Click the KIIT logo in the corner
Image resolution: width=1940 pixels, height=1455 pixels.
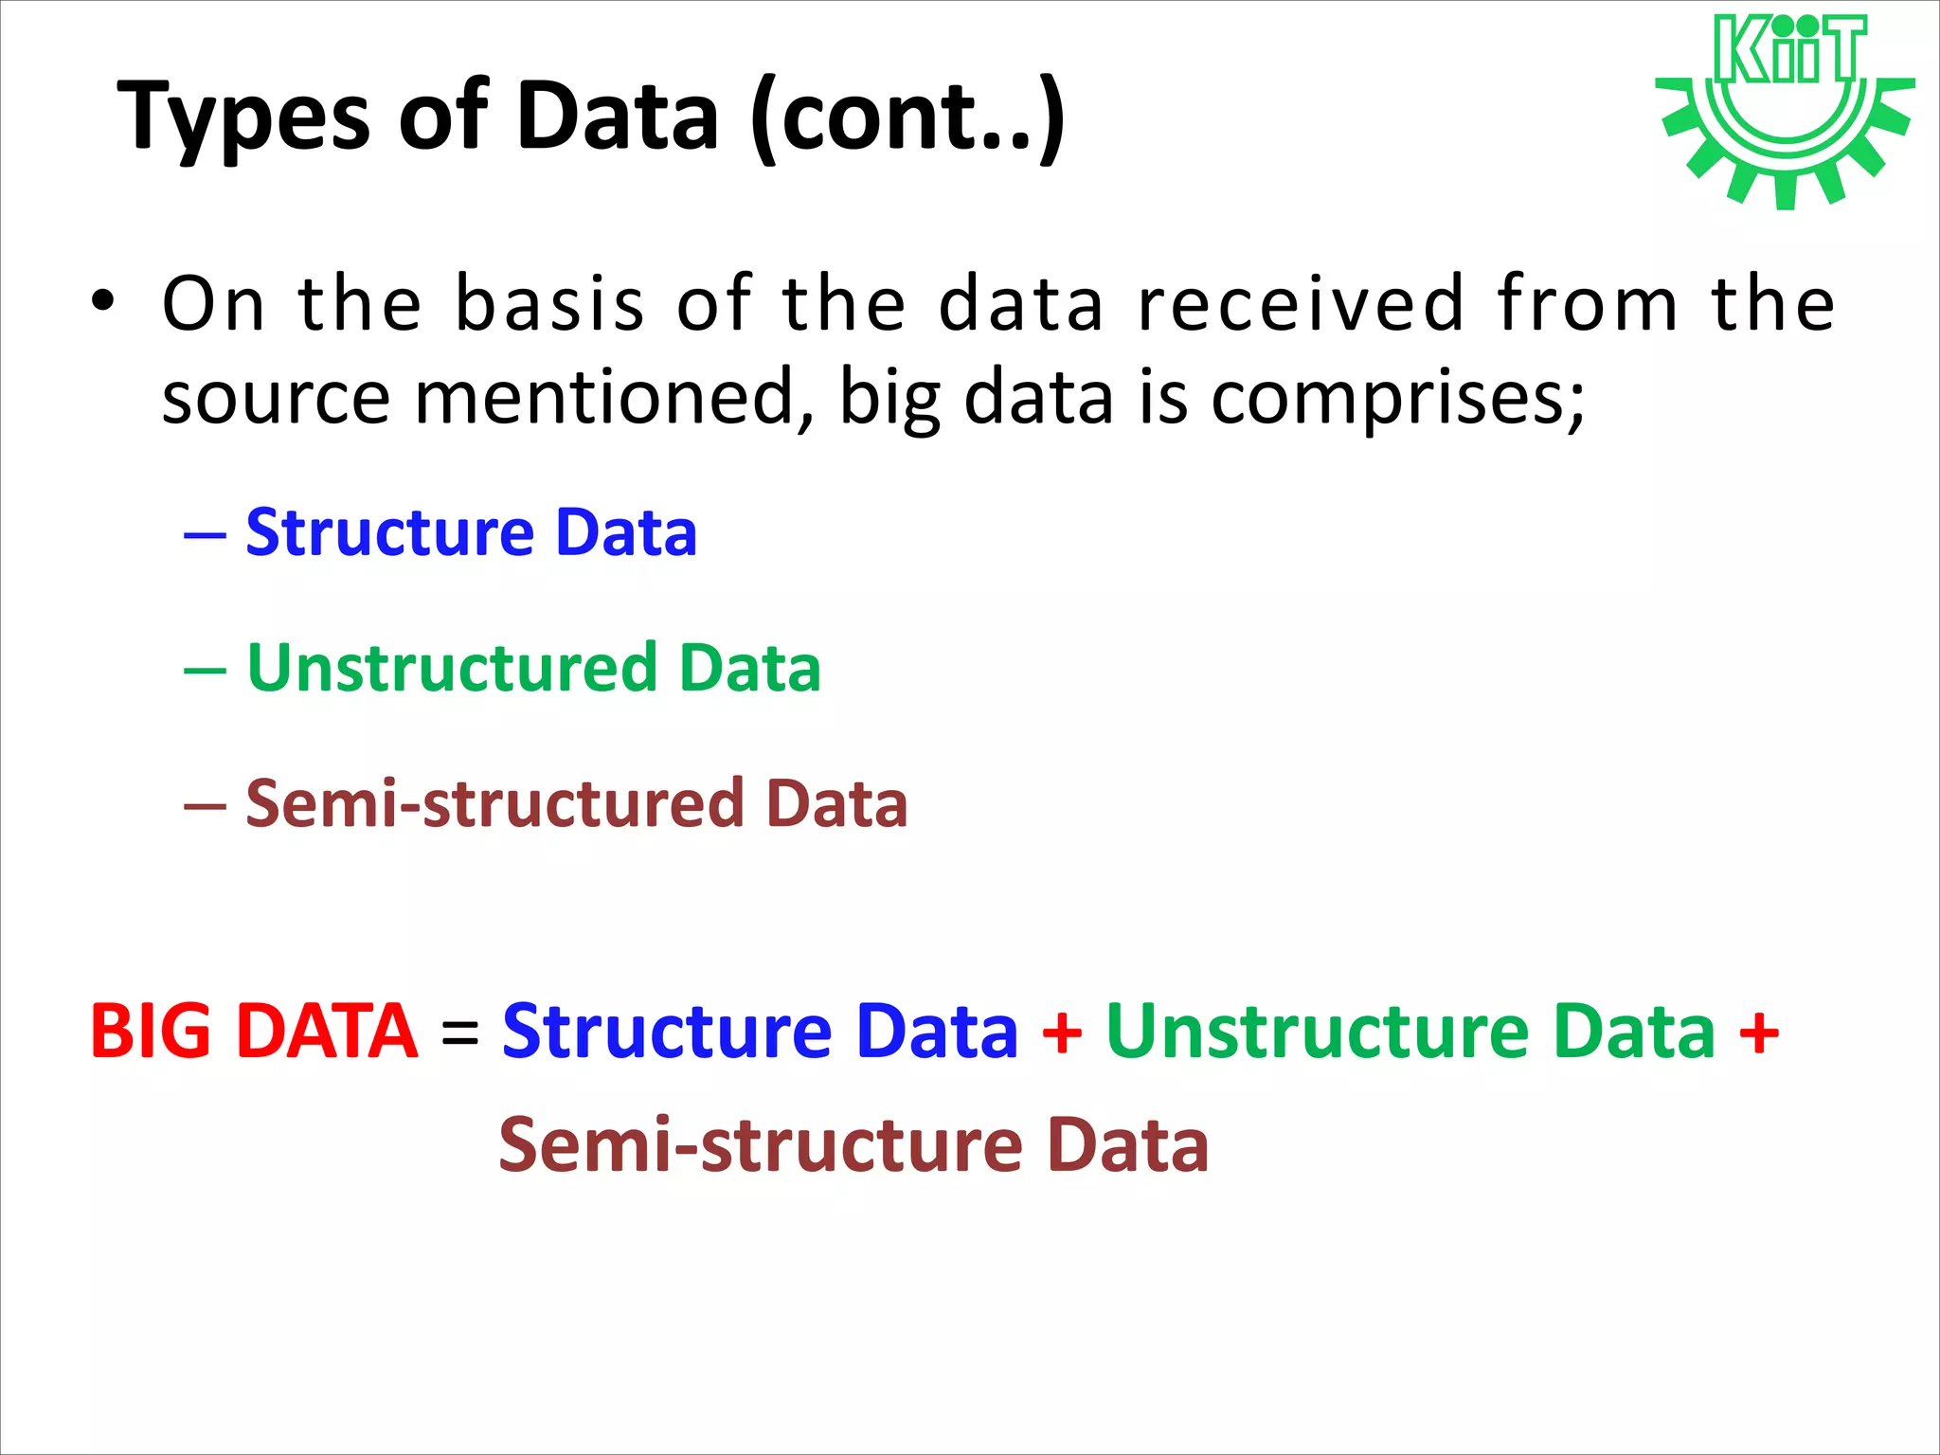coord(1785,109)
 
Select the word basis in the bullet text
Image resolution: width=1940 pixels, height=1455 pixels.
coord(549,304)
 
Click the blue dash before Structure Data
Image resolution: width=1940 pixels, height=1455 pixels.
coord(205,535)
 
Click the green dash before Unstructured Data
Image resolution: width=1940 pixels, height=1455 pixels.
coord(205,671)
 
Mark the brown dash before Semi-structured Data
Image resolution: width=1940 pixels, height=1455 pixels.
coord(205,806)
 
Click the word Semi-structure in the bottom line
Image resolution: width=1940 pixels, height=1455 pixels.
coord(759,1145)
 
